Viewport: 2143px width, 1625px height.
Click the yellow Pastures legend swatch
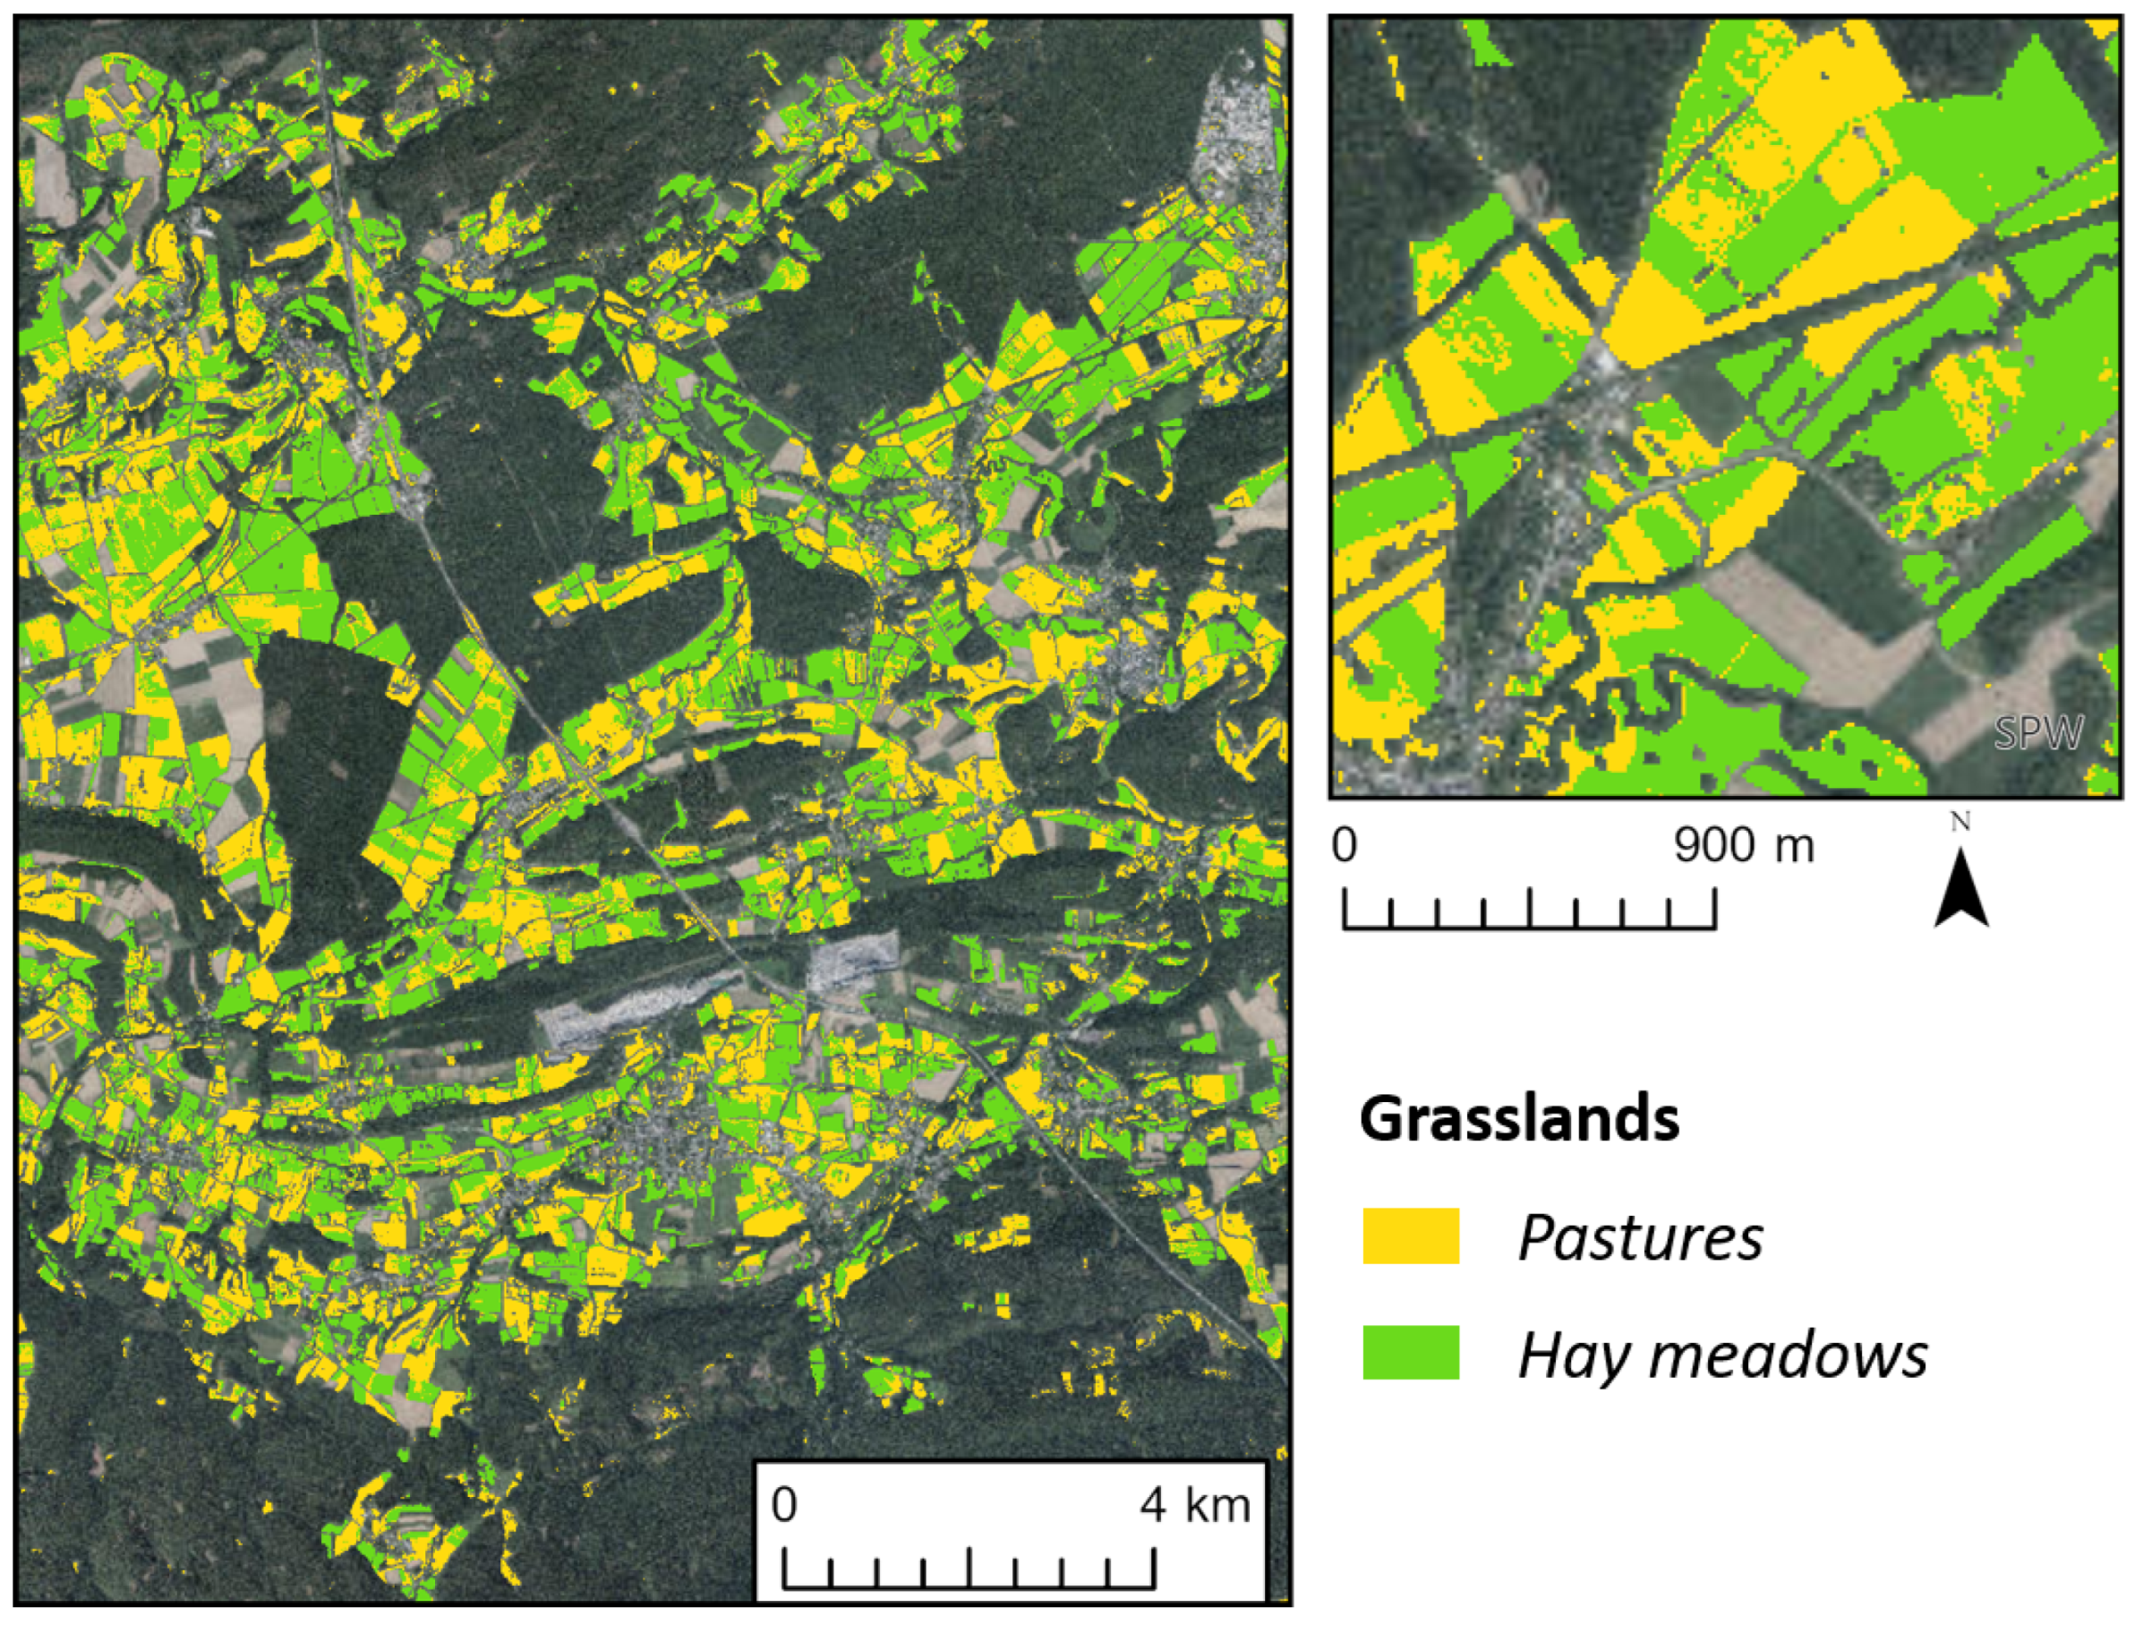[x=1411, y=1236]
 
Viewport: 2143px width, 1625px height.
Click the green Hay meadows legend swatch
[x=1411, y=1352]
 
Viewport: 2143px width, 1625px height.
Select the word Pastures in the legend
[x=1640, y=1237]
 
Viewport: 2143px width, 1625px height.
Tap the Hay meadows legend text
[x=1722, y=1355]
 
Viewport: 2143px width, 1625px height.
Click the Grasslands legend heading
[x=1519, y=1120]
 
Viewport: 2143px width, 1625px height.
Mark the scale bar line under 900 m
[x=1529, y=926]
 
